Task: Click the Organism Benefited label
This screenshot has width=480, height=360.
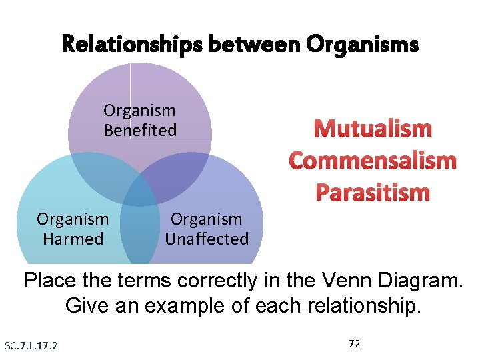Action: pyautogui.click(x=139, y=120)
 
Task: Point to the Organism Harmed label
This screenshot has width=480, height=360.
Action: pyautogui.click(x=73, y=229)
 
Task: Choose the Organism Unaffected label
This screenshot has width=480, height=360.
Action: pyautogui.click(x=207, y=229)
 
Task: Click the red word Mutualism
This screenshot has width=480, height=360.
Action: pyautogui.click(x=373, y=129)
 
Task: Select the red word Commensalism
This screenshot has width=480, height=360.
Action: pyautogui.click(x=373, y=161)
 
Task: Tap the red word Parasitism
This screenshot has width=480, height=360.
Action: pyautogui.click(x=373, y=193)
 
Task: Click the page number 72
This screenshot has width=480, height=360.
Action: pyautogui.click(x=355, y=343)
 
